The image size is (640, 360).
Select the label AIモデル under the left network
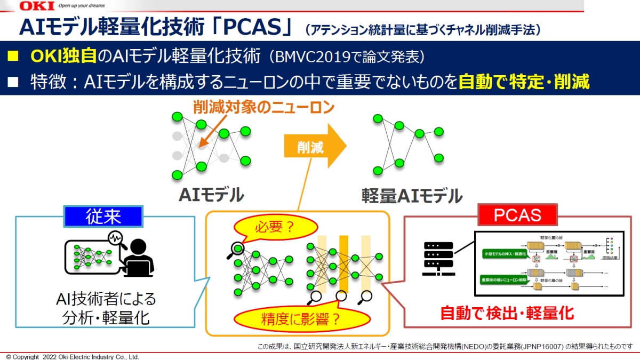click(x=211, y=195)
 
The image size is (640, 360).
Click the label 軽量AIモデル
click(x=410, y=196)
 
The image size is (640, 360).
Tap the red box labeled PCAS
click(x=517, y=215)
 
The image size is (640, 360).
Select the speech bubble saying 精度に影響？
click(x=301, y=318)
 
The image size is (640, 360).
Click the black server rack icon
click(x=437, y=259)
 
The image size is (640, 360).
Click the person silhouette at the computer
click(x=139, y=257)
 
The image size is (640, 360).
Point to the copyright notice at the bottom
click(x=72, y=356)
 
